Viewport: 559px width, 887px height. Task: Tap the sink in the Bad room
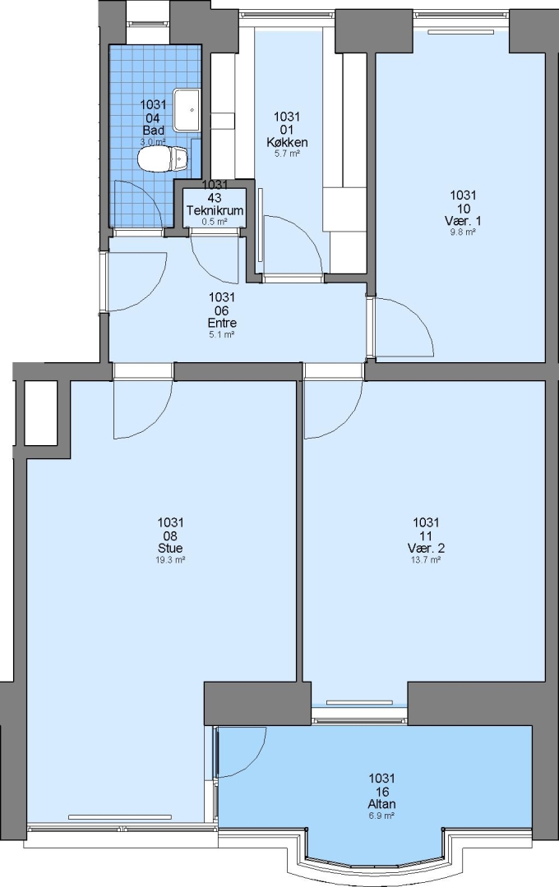click(187, 109)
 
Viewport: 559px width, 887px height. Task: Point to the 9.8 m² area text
click(463, 232)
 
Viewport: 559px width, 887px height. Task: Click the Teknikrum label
click(215, 210)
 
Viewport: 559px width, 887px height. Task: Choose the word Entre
click(222, 323)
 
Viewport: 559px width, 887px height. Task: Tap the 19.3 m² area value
click(171, 559)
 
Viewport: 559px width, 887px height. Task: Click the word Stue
click(170, 548)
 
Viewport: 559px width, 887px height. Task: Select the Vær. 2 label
click(426, 548)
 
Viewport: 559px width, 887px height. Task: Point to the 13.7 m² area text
click(426, 559)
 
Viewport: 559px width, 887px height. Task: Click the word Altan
click(381, 804)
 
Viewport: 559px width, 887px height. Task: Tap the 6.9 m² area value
click(381, 816)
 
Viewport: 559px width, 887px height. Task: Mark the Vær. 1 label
click(464, 220)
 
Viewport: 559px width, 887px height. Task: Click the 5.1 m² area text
click(222, 334)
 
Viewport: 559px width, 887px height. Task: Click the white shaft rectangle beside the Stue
click(41, 412)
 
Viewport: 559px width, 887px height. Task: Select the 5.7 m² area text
click(287, 154)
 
